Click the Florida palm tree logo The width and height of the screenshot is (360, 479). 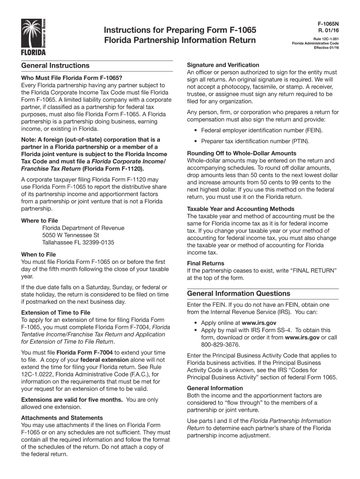click(x=34, y=36)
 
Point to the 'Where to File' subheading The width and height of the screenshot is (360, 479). click(x=40, y=220)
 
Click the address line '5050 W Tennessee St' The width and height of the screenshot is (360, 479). click(x=71, y=235)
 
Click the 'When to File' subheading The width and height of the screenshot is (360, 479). click(x=39, y=254)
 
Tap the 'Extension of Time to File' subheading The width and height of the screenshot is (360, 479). click(x=56, y=312)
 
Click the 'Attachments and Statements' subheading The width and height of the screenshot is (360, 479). click(x=62, y=418)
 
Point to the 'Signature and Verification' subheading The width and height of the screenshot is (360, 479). click(x=223, y=65)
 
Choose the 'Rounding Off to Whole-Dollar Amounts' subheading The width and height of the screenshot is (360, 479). click(x=241, y=153)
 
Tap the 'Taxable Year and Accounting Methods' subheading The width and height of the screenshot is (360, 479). click(x=240, y=209)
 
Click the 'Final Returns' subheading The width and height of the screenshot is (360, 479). click(x=206, y=263)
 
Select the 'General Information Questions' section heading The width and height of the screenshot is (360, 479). click(x=238, y=293)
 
